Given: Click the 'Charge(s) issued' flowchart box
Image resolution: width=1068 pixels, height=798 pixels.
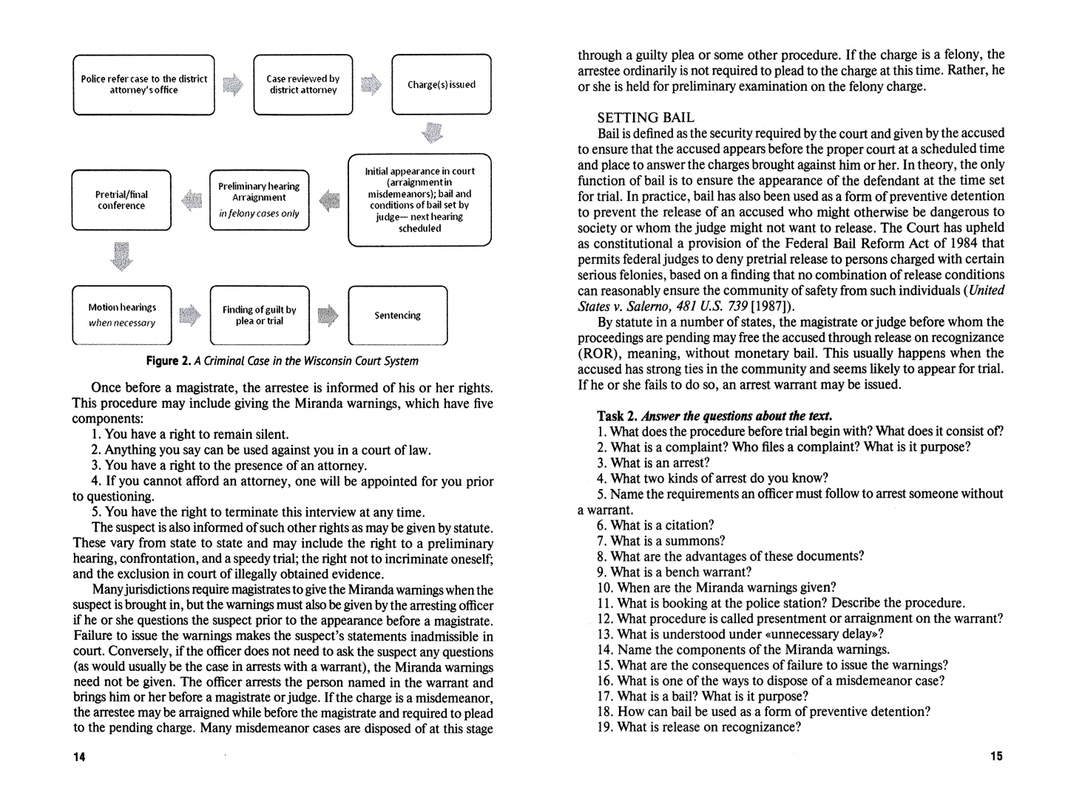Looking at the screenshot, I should (x=441, y=84).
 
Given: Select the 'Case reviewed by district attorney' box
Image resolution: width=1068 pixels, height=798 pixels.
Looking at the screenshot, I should (x=303, y=84).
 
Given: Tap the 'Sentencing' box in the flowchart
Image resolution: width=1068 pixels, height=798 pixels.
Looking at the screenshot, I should (x=397, y=316).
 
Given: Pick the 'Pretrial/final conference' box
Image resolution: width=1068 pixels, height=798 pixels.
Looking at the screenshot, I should (x=121, y=200).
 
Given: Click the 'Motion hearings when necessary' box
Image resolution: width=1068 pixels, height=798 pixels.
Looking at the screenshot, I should (x=122, y=316).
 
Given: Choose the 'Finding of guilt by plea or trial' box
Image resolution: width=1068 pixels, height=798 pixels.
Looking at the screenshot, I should (x=259, y=316).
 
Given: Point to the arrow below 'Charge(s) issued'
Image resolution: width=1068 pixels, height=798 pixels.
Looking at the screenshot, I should (x=433, y=133).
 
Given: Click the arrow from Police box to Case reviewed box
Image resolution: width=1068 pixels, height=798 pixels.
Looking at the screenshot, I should (x=233, y=85).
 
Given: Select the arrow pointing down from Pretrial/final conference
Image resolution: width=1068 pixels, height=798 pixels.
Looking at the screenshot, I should (x=122, y=256).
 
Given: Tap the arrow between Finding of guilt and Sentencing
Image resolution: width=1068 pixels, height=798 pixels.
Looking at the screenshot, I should (x=328, y=316).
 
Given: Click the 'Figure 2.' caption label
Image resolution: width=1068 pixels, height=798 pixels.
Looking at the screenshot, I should (x=168, y=361).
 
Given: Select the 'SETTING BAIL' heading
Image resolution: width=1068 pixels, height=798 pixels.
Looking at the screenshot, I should (x=646, y=117).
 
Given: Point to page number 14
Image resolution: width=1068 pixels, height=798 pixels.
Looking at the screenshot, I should (x=79, y=757).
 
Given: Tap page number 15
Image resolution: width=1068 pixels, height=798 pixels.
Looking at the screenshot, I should (x=996, y=756).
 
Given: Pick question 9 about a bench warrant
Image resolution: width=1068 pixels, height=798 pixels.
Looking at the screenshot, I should (x=674, y=572).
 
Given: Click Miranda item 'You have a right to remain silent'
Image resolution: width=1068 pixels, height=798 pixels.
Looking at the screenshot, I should (x=190, y=434).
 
